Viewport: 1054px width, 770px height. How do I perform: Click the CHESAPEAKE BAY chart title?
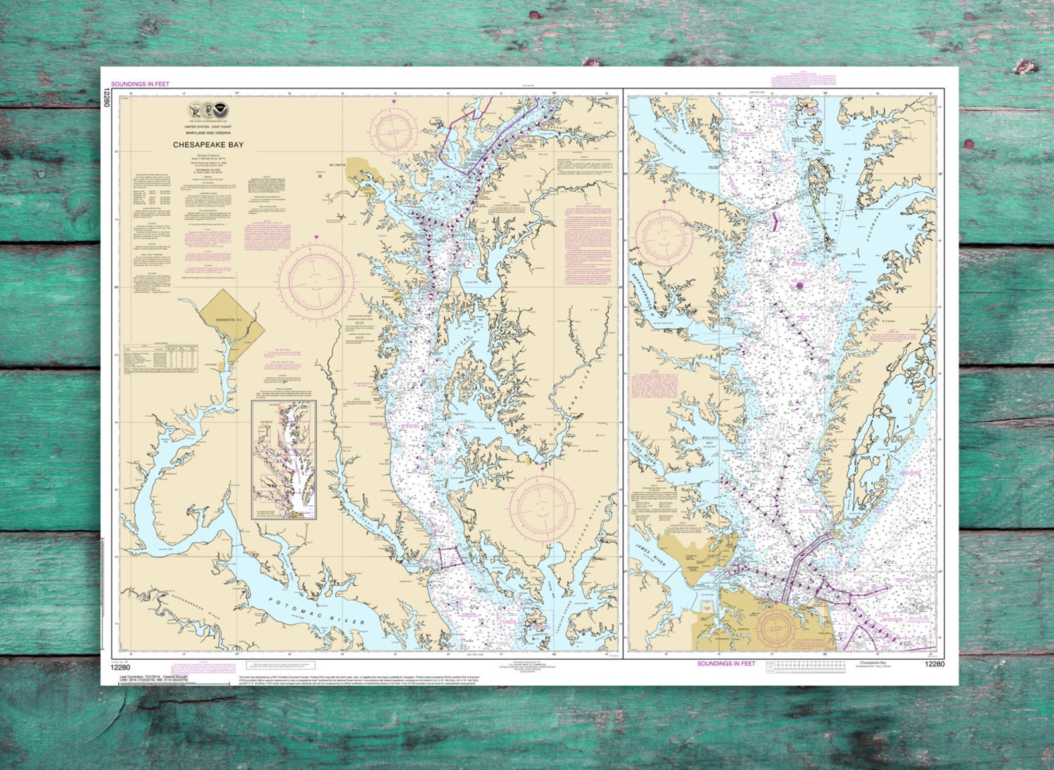click(x=208, y=144)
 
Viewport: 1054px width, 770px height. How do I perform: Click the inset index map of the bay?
click(x=283, y=460)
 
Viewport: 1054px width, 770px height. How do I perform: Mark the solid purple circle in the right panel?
click(x=800, y=286)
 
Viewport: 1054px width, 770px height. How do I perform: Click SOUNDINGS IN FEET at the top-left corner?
click(x=140, y=84)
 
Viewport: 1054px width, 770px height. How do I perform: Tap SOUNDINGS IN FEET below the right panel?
click(x=726, y=663)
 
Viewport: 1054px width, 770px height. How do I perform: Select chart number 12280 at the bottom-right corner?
click(x=934, y=664)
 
